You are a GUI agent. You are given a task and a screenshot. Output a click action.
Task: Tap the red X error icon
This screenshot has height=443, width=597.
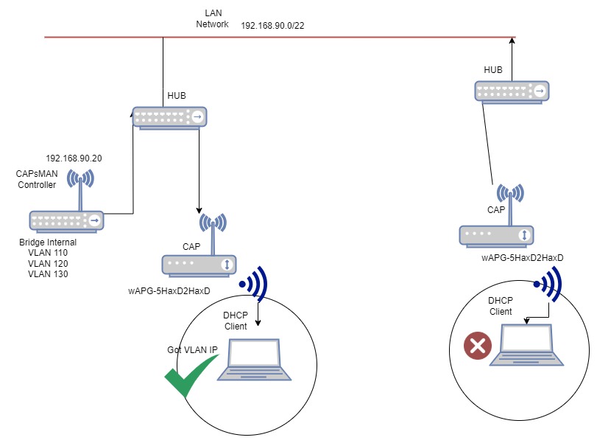[x=478, y=346]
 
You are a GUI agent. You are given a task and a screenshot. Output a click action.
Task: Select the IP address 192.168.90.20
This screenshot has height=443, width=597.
[x=74, y=158]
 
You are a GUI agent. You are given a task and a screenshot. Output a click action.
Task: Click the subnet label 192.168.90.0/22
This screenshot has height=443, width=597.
[x=272, y=26]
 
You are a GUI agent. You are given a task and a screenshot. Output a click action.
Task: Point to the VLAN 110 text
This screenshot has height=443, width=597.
[x=48, y=252]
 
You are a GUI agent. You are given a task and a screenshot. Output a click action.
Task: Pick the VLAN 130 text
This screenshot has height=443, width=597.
[x=48, y=273]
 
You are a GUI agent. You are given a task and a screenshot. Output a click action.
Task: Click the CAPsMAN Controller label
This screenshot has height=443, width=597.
[x=37, y=179]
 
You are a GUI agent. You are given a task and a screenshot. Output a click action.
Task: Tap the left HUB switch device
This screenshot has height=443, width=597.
[x=169, y=118]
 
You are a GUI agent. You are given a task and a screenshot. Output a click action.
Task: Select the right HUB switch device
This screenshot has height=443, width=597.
[x=512, y=92]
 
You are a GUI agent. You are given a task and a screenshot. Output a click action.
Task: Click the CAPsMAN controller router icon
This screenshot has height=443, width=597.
[x=67, y=221]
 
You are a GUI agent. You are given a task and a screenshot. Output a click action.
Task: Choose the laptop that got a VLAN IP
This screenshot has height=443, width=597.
[x=254, y=360]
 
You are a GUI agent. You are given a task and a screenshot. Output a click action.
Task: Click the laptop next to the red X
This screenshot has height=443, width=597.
[x=526, y=345]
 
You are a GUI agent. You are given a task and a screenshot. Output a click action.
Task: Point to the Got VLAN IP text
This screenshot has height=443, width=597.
[x=192, y=349]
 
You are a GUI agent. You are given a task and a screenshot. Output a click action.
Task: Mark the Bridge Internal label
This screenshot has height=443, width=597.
[x=48, y=242]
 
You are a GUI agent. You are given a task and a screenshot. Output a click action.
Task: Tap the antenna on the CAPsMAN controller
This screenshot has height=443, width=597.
[x=80, y=189]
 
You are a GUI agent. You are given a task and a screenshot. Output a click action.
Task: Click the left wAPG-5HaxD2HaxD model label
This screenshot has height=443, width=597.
[x=169, y=291]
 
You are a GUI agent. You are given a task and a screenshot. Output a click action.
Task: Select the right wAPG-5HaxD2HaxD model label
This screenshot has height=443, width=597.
[x=523, y=258]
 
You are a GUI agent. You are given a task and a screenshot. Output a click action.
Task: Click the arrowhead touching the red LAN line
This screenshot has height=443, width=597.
[x=512, y=41]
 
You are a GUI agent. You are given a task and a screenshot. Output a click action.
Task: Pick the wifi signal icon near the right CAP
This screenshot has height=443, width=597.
[x=548, y=284]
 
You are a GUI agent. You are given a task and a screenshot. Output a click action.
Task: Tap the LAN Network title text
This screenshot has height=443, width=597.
[x=213, y=18]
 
